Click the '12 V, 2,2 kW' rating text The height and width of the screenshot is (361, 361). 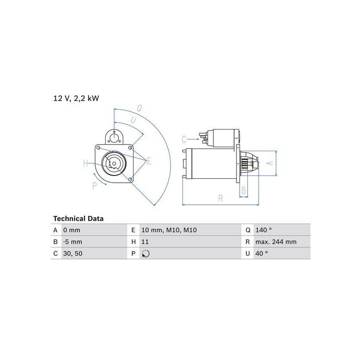pos(76,98)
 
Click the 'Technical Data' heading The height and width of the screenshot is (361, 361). pos(78,218)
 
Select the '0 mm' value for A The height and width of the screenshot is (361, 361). pos(72,230)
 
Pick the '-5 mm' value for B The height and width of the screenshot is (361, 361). pos(73,242)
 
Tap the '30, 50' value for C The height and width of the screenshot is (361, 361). pos(73,254)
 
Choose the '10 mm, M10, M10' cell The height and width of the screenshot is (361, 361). pos(169,230)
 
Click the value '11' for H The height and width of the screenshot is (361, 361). pos(145,242)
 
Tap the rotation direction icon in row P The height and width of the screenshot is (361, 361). pos(146,254)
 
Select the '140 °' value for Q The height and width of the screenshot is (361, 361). pos(264,230)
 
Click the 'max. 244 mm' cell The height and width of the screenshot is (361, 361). pos(276,242)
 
